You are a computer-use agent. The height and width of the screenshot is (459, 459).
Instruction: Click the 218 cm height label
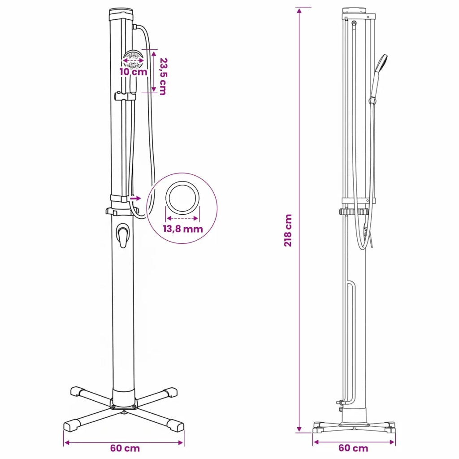click(288, 230)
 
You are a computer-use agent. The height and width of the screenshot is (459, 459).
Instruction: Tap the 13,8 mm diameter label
click(183, 229)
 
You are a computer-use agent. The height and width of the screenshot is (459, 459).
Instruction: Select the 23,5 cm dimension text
click(163, 76)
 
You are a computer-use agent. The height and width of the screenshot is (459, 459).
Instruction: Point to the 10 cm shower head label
click(134, 72)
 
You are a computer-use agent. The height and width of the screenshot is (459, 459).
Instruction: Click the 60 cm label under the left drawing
click(125, 448)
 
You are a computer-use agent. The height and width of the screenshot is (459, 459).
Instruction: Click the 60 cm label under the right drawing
click(353, 448)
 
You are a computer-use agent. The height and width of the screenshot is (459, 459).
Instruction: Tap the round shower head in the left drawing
click(133, 60)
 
